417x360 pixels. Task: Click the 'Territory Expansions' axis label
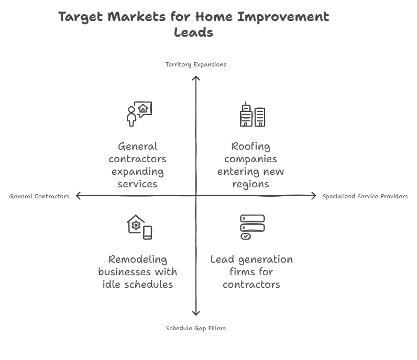coord(196,64)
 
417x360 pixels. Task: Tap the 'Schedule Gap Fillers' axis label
coord(196,329)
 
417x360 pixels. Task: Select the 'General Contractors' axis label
coord(39,196)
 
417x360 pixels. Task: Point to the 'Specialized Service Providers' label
coord(365,196)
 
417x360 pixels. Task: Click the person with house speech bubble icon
coord(139,114)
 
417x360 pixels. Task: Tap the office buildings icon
coord(253,114)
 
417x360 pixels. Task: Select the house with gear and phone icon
coord(139,227)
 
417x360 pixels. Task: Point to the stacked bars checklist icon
coord(253,227)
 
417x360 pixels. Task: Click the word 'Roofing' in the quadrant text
coord(250,147)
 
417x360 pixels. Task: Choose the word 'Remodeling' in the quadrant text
coord(137,260)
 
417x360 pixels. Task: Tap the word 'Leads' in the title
coord(194,32)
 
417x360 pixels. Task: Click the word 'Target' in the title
coord(80,17)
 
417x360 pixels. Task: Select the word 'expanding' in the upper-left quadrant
coord(137,172)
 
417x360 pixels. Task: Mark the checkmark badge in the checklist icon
coord(246,236)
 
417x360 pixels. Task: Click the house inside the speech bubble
coord(143,108)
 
